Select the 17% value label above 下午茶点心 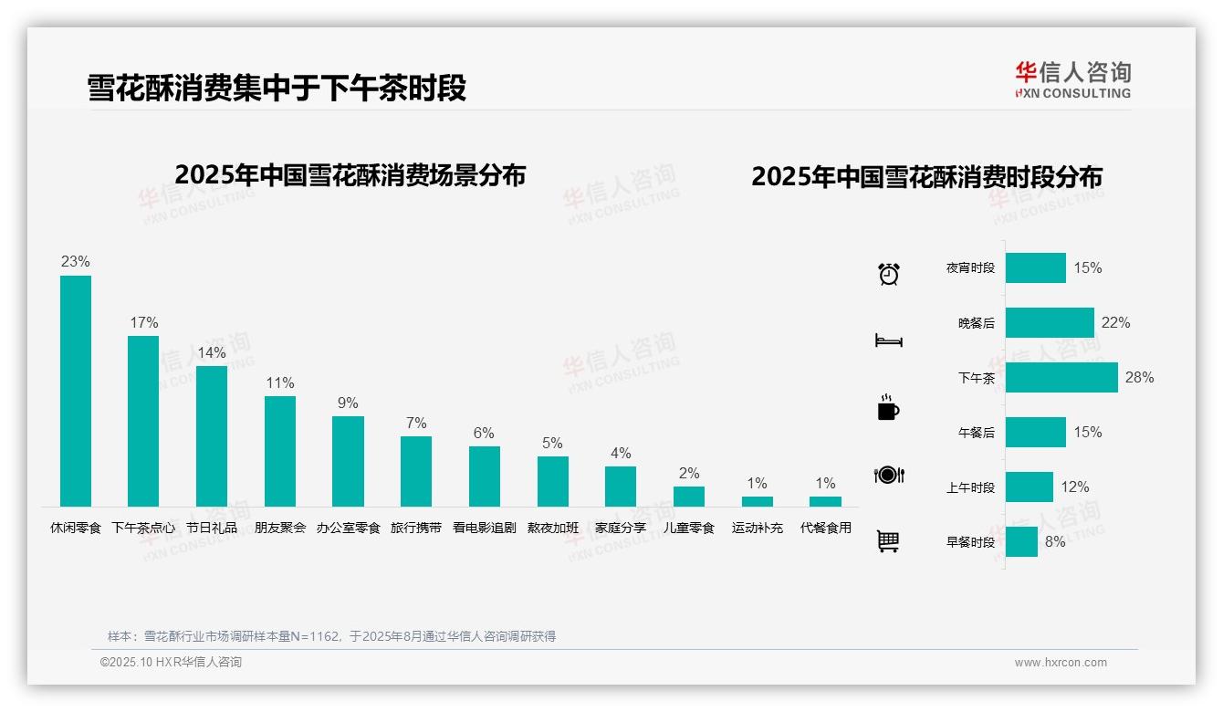click(143, 322)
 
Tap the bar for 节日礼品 click(212, 435)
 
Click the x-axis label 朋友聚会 click(280, 528)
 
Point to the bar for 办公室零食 click(348, 461)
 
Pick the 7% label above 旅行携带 click(416, 423)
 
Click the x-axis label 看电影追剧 click(484, 528)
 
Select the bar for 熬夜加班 click(552, 481)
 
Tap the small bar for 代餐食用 click(825, 501)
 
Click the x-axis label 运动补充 click(757, 528)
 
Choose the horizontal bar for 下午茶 click(1061, 377)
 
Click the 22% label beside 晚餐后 click(1115, 322)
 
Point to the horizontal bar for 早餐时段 click(1021, 541)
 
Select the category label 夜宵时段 click(970, 268)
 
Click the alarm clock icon click(889, 274)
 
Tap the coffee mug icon click(888, 408)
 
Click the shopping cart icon click(888, 541)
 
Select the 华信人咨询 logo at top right click(1072, 79)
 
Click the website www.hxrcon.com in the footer click(1060, 663)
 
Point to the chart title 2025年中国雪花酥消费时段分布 click(926, 176)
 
